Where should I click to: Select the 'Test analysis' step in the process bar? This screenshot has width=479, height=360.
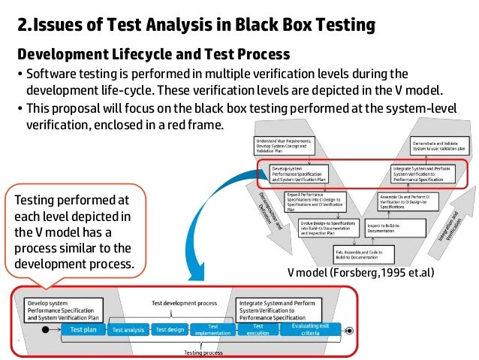tap(128, 329)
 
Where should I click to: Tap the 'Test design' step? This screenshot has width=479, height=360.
tap(170, 329)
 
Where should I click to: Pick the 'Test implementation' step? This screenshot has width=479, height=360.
tap(213, 329)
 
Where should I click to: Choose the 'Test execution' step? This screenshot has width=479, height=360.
tap(258, 329)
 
